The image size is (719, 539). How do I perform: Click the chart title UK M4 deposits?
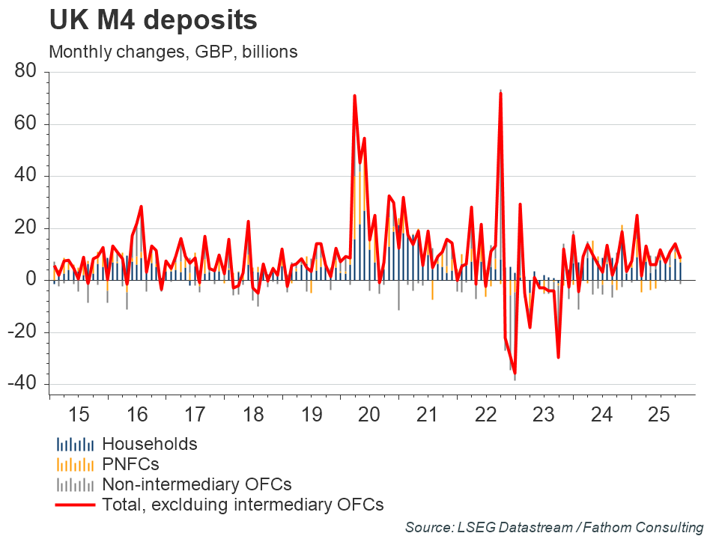point(154,21)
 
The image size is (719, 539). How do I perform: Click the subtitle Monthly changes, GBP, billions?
point(173,52)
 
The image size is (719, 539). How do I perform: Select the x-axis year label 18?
point(252,413)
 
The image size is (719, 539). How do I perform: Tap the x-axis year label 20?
point(368,413)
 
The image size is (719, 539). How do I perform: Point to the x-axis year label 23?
point(542,413)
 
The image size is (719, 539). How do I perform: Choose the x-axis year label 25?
point(658,413)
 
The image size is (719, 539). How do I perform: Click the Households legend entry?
point(150,444)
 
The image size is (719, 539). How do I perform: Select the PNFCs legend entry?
point(131,464)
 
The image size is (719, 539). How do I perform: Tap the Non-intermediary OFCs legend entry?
point(196,484)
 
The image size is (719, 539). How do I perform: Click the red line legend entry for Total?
point(243,505)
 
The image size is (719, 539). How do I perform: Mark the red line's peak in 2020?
point(354,96)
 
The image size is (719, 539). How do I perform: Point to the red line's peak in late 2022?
point(500,93)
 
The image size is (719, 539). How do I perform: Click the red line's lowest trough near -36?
point(515,374)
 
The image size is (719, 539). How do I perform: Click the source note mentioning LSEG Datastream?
point(554,527)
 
